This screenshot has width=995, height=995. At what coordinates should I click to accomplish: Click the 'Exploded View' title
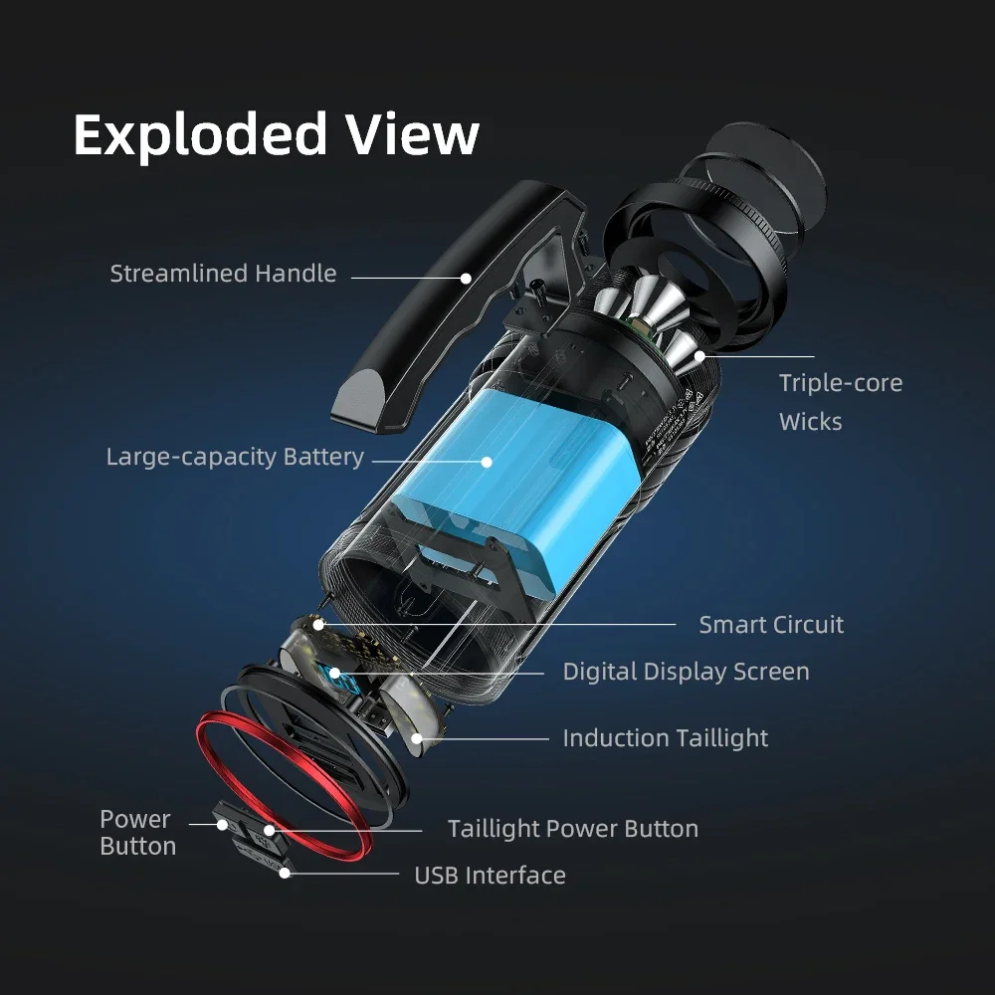pos(276,134)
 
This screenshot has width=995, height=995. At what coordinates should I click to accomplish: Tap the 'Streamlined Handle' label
pos(223,274)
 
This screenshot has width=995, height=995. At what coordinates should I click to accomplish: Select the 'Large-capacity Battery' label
pos(235,458)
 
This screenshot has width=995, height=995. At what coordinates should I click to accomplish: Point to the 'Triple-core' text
pos(840,383)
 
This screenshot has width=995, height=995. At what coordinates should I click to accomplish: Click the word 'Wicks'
pos(810,422)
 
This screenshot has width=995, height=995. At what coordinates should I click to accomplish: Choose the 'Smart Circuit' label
pos(770,625)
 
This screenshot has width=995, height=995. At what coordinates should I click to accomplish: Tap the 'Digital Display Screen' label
pos(686,672)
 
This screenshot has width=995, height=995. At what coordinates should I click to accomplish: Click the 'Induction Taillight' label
pos(665,738)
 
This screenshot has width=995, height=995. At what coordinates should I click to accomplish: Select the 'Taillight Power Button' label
pos(572,829)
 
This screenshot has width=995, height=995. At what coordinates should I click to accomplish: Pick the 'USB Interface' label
pos(489,876)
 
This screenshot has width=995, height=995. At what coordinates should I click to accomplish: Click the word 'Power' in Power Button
pos(135,820)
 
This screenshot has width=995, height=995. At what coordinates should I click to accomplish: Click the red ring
pos(284,786)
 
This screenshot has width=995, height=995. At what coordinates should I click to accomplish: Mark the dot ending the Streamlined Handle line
pos(465,278)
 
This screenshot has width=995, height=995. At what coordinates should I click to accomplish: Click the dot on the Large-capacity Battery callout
pos(488,461)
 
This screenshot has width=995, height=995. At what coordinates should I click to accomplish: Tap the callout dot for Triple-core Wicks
pos(699,355)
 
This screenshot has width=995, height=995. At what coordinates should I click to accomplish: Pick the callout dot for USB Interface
pos(286,874)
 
